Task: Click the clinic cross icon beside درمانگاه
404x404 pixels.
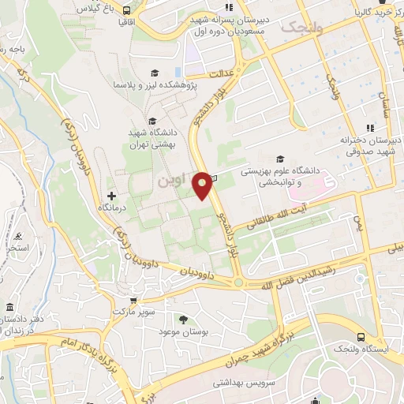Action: coord(111,195)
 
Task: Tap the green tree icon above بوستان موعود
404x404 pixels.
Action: coord(183,320)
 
